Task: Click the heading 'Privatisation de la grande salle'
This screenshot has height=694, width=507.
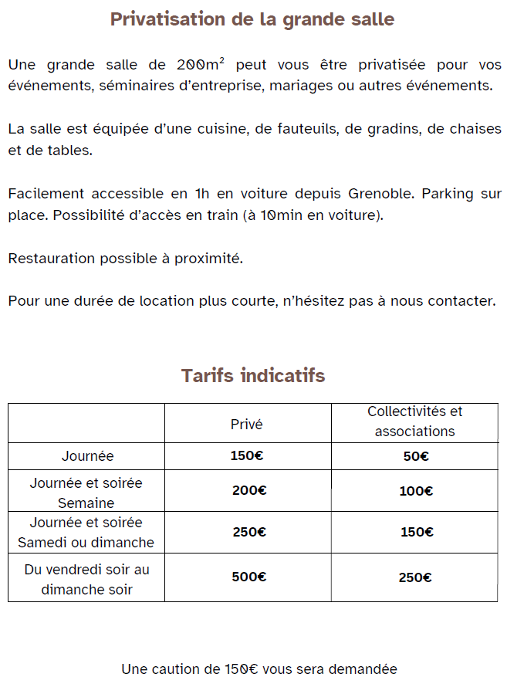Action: point(252,19)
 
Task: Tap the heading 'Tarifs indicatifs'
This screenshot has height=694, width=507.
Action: point(253,376)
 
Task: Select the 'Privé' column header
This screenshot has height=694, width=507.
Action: point(247,424)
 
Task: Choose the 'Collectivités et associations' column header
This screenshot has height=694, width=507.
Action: point(414,421)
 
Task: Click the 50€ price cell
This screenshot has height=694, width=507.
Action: point(415,456)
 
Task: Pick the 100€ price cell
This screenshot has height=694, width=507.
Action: point(415,491)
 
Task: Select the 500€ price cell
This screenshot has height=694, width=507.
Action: point(248,577)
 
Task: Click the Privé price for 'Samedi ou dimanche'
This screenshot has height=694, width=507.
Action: point(248,532)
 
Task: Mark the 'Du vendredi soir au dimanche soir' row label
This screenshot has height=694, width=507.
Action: point(86,580)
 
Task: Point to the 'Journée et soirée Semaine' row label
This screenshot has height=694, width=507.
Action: point(86,493)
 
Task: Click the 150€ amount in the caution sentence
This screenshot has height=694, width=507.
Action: point(242,669)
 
